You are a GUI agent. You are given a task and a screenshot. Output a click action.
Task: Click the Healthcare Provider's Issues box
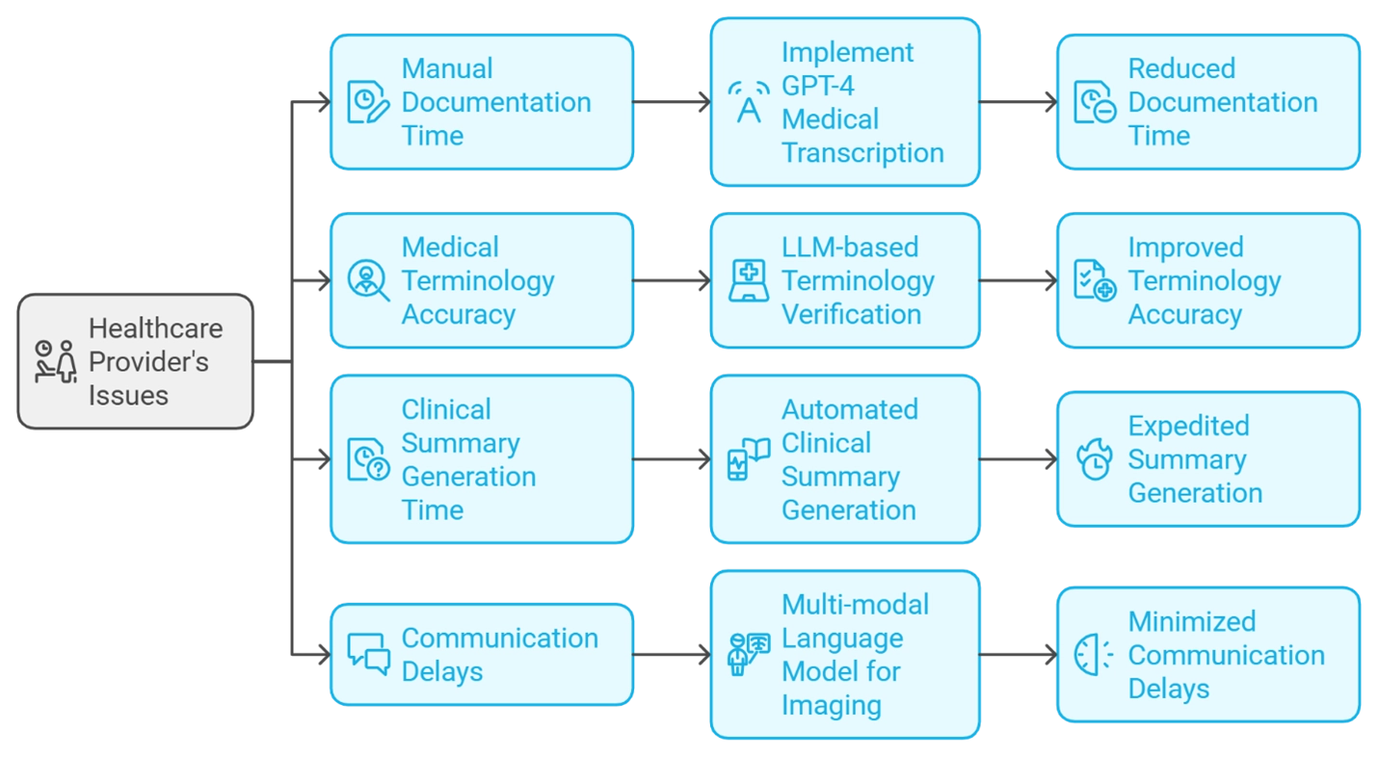point(136,362)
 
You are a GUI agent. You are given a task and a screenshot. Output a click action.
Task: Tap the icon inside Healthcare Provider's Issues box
point(55,362)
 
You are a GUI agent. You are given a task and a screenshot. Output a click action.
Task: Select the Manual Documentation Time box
point(482,102)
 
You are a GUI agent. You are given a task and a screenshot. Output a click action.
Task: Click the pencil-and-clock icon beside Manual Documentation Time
point(368,102)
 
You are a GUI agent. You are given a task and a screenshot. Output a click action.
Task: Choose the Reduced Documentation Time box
point(1208,102)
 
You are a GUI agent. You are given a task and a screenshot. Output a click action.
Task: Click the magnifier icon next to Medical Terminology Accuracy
point(368,280)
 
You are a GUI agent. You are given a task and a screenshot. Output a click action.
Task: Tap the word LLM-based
point(850,248)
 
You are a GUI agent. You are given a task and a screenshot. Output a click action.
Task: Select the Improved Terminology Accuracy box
point(1208,280)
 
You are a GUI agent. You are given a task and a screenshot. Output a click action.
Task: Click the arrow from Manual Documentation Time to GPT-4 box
point(672,102)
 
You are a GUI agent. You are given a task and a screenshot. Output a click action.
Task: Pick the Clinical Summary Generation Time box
point(482,459)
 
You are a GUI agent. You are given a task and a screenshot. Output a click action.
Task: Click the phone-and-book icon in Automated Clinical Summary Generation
point(748,459)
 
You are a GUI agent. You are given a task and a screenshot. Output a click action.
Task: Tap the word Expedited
point(1188,426)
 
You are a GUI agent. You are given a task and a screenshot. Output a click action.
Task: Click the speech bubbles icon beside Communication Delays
point(368,655)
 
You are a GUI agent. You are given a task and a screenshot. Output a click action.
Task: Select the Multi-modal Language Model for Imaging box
point(845,655)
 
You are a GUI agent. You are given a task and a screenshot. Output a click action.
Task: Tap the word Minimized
point(1192,621)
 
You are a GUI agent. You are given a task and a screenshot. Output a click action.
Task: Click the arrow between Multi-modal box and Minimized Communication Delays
point(1019,655)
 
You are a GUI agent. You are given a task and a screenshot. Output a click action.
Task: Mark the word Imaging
point(831,705)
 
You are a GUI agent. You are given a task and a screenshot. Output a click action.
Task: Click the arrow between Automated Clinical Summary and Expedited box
point(1019,459)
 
